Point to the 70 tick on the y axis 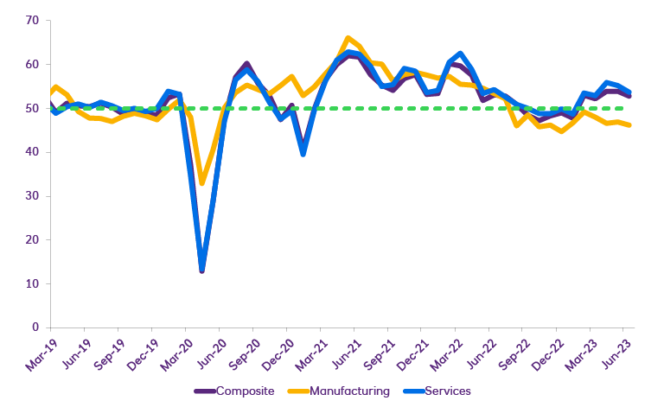click(x=33, y=20)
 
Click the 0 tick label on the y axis click(x=36, y=328)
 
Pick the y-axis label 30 click(x=33, y=196)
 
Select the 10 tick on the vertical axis click(x=33, y=283)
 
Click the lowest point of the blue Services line click(x=202, y=267)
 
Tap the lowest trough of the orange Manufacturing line click(x=202, y=183)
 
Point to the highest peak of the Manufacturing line click(x=348, y=38)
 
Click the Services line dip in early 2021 click(x=303, y=154)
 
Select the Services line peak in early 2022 click(x=460, y=54)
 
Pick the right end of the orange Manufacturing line click(x=629, y=125)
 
